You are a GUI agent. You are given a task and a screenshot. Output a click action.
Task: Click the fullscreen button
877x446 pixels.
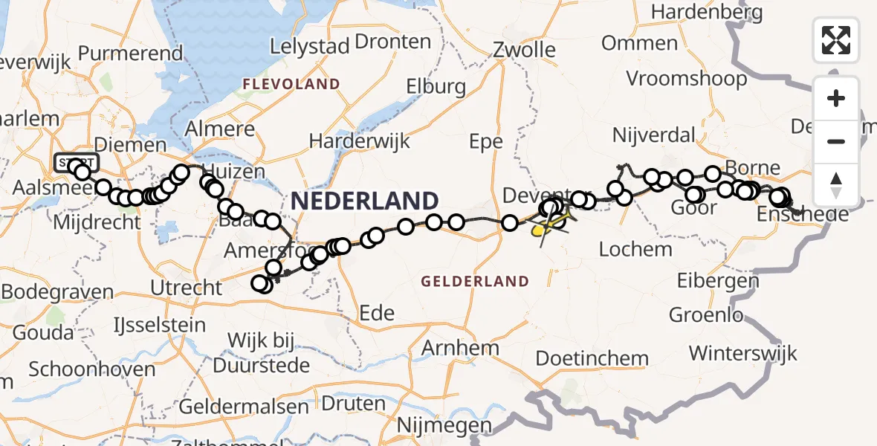coord(836,39)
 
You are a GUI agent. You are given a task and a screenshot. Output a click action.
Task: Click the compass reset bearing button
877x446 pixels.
coord(836,185)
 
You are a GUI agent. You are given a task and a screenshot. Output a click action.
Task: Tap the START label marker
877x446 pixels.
coord(75,163)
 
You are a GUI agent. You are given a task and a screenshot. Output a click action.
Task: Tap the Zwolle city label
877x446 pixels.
coord(524,50)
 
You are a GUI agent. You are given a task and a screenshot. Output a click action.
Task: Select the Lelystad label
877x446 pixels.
coord(309,45)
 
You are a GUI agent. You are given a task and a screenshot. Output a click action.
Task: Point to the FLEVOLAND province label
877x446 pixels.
coord(291,84)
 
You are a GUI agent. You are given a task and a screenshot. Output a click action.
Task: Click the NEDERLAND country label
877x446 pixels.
coord(364,201)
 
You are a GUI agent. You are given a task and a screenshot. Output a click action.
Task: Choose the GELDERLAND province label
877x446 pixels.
coord(475,281)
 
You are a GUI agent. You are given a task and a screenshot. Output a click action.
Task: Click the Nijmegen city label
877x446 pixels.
coord(445,426)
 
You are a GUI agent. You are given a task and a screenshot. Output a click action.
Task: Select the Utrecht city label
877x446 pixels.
coord(185,287)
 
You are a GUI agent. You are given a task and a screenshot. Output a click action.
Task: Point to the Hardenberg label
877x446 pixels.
coord(707,13)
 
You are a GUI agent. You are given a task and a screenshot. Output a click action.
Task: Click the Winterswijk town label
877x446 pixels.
coord(743,352)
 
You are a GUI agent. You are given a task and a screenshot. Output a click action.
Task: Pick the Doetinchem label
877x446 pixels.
coord(592,358)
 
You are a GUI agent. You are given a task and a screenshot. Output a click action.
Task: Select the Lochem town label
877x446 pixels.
coord(635,249)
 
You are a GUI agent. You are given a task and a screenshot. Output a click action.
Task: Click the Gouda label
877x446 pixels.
coord(43,332)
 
